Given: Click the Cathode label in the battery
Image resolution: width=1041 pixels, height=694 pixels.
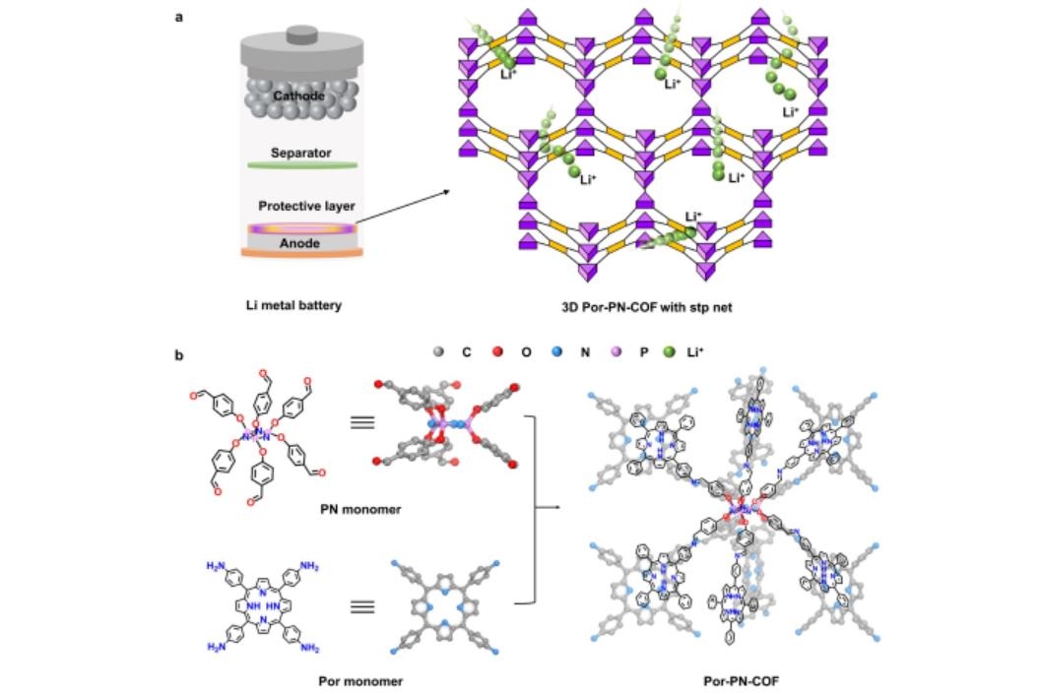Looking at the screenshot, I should coord(298,96).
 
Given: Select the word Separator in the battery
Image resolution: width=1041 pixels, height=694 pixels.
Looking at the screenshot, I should coord(300,154).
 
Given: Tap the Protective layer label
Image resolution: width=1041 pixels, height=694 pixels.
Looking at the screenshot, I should coord(306,206).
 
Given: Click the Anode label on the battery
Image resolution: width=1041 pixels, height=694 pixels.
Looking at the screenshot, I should coord(301,241).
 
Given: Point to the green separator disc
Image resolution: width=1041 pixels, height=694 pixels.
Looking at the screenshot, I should coord(300,165).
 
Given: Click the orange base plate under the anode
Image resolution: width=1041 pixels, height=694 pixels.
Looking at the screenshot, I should coord(301,254).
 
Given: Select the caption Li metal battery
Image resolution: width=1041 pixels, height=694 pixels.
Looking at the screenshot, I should coord(293,305).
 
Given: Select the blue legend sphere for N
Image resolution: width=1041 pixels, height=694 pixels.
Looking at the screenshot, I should coord(558,349).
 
